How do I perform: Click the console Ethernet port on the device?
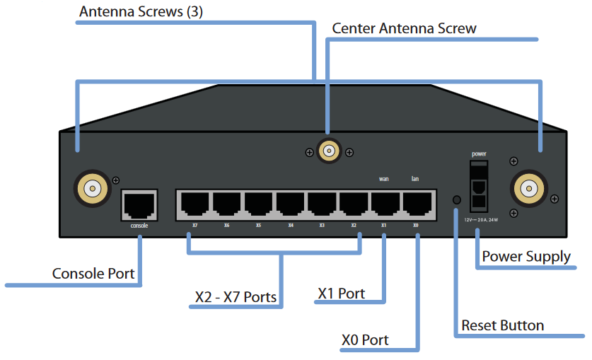pyautogui.click(x=139, y=205)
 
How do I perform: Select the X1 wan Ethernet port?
pyautogui.click(x=384, y=205)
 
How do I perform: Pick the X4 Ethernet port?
pyautogui.click(x=290, y=205)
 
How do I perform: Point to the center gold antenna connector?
pyautogui.click(x=328, y=151)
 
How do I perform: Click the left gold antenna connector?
pyautogui.click(x=92, y=188)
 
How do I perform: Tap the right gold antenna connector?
pyautogui.click(x=527, y=188)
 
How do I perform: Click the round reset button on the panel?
pyautogui.click(x=456, y=200)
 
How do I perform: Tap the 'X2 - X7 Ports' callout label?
pyautogui.click(x=236, y=296)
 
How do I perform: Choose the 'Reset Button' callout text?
pyautogui.click(x=502, y=325)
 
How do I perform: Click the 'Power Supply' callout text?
pyautogui.click(x=526, y=256)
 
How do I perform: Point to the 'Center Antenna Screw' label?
pyautogui.click(x=404, y=29)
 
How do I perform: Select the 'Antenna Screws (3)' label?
pyautogui.click(x=141, y=12)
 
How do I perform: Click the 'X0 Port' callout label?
pyautogui.click(x=364, y=340)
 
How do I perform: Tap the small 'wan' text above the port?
pyautogui.click(x=384, y=179)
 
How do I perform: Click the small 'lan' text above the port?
pyautogui.click(x=415, y=179)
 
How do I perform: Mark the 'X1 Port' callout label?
pyautogui.click(x=341, y=293)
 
